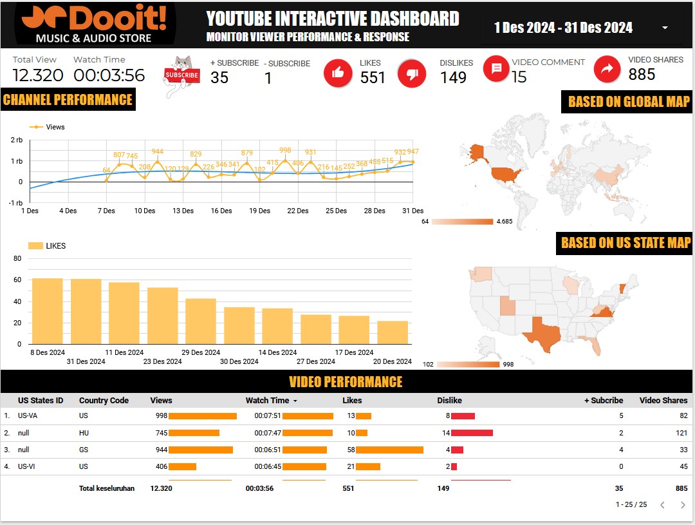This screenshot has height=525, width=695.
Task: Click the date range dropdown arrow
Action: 665,28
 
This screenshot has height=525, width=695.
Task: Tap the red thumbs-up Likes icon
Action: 338,73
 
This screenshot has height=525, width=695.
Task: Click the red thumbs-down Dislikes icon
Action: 412,73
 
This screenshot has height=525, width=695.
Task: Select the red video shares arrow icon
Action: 606,70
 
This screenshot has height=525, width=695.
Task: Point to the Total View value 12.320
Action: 38,75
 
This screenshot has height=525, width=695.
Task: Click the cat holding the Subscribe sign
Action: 182,75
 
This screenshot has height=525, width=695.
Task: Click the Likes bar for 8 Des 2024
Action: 47,311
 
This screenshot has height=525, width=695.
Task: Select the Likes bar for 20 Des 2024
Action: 393,332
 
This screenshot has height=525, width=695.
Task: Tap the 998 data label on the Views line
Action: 285,150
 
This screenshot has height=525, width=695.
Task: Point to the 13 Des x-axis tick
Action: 183,211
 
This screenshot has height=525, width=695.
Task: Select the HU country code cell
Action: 84,433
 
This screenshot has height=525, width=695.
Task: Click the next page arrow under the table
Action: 683,505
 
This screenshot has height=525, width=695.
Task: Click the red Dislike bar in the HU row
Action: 472,433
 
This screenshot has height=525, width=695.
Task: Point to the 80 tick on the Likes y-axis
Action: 17,259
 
